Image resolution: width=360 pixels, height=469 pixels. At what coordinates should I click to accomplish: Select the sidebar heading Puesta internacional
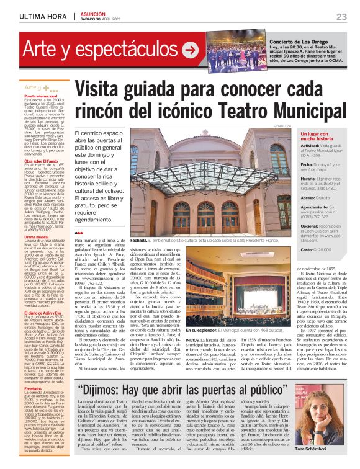[x=42, y=97]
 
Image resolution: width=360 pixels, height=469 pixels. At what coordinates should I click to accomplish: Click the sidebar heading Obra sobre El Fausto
[x=42, y=161]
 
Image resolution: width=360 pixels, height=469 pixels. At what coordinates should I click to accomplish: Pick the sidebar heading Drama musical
[x=38, y=237]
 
